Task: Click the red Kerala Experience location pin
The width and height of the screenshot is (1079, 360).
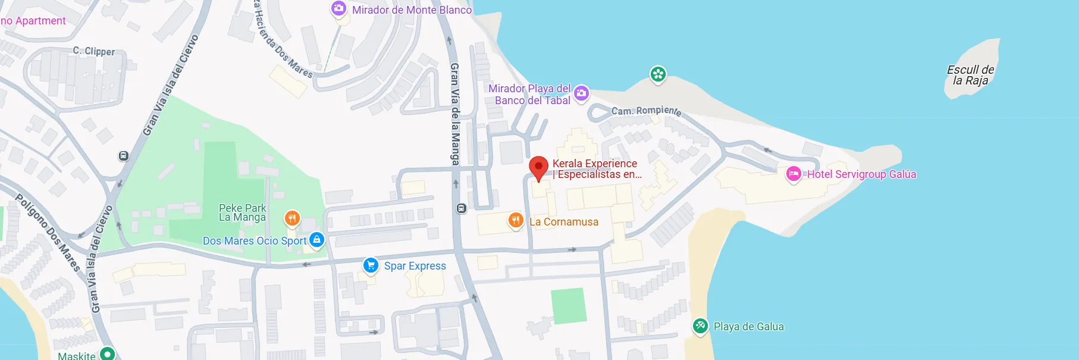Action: [x=538, y=167]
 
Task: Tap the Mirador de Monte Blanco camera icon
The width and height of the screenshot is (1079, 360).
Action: [x=338, y=9]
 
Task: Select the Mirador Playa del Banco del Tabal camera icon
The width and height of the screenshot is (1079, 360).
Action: [x=581, y=93]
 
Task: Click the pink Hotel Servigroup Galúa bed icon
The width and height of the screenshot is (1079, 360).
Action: [x=793, y=174]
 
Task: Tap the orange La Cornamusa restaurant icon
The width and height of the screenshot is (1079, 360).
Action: [x=516, y=221]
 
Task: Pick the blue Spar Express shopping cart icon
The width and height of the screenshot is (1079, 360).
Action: [x=371, y=265]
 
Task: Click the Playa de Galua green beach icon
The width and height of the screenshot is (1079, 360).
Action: [x=700, y=325]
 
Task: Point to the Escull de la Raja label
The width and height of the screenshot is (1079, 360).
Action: [x=970, y=75]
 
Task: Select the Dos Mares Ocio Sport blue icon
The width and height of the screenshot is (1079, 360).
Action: [x=317, y=240]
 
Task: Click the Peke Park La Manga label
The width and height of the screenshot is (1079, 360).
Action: [x=242, y=212]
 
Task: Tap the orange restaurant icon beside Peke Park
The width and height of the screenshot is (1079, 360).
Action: [x=291, y=218]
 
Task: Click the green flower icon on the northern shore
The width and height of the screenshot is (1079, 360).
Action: [x=657, y=74]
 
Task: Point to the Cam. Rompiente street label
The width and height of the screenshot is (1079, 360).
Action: [x=646, y=111]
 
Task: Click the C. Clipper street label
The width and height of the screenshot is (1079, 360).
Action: [x=93, y=51]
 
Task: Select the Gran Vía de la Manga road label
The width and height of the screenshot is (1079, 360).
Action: [x=455, y=114]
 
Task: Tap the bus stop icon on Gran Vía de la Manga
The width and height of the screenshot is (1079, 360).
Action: [x=461, y=208]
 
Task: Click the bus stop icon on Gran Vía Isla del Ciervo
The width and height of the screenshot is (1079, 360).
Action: [x=123, y=156]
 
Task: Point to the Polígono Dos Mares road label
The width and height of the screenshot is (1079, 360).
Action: [x=48, y=233]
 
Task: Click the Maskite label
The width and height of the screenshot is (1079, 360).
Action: [x=77, y=355]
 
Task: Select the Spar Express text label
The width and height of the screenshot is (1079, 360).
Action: [x=415, y=266]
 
